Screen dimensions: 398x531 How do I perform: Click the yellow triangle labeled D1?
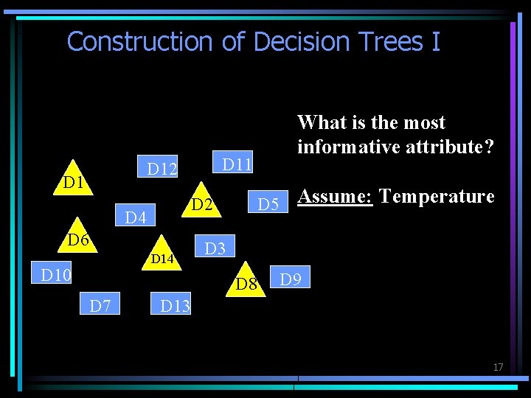[x=72, y=180]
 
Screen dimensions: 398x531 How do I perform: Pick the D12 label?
[x=162, y=170]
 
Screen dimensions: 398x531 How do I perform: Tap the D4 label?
[x=136, y=217]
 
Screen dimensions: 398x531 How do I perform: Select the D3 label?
[x=215, y=248]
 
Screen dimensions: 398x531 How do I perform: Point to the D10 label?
[x=56, y=276]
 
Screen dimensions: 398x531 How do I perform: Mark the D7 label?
[x=100, y=304]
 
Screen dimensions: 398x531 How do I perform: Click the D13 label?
[x=175, y=304]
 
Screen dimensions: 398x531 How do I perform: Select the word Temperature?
[x=436, y=196]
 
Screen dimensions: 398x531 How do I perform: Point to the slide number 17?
[x=498, y=367]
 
